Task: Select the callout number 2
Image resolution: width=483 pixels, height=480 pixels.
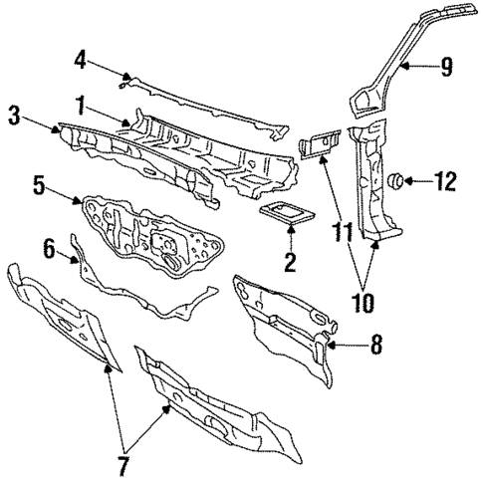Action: pos(291,263)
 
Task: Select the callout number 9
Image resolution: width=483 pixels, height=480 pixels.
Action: pos(446,68)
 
